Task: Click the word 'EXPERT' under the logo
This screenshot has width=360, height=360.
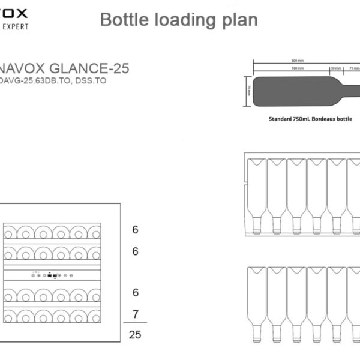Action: coord(14,26)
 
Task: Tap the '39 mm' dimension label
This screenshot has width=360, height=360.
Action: coord(335,69)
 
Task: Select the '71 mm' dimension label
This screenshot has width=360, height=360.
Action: coord(353,69)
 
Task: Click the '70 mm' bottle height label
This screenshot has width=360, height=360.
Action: coord(248,91)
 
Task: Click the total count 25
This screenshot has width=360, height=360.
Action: coord(135,335)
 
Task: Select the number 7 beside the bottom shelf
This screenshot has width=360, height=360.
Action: coord(135,314)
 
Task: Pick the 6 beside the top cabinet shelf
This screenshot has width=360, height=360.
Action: coord(135,229)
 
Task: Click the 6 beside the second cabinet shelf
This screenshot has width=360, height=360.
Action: coord(135,251)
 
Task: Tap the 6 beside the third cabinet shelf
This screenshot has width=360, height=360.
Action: coord(135,292)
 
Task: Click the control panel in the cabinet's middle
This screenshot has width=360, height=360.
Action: coord(52,275)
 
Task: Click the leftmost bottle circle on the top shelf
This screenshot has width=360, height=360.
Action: coord(11,232)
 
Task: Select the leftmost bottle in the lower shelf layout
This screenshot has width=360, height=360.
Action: coord(256,304)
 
